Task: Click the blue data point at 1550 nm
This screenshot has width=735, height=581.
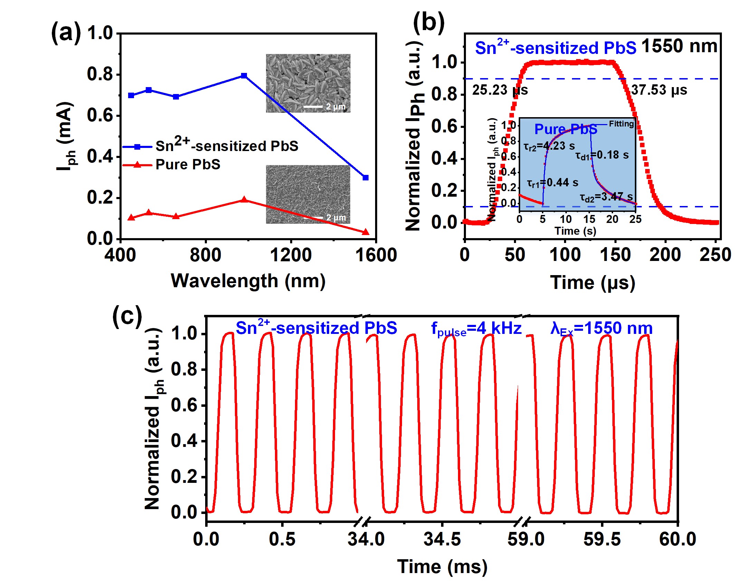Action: [365, 178]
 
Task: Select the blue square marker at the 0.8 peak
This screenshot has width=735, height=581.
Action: [244, 76]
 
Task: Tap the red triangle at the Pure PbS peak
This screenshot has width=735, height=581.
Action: [244, 200]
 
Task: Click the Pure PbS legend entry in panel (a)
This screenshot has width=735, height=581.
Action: [188, 165]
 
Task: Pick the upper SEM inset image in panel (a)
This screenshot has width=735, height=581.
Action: [308, 83]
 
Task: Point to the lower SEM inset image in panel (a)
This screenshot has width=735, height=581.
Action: [308, 194]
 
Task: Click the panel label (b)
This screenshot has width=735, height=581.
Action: [429, 23]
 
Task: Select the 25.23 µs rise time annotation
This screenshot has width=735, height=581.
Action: [500, 90]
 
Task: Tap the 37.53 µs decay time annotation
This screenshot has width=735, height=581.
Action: [659, 90]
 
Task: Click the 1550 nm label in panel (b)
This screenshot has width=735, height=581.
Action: [679, 46]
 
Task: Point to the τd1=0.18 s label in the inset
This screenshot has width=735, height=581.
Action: [602, 156]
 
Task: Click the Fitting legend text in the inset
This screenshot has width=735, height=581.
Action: [621, 124]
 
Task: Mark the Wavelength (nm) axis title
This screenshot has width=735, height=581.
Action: [248, 281]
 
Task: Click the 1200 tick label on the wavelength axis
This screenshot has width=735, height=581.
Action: [290, 255]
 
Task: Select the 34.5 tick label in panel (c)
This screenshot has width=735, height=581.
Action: [442, 539]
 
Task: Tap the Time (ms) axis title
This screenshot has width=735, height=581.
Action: [442, 567]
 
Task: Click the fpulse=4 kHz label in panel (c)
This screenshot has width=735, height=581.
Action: [476, 329]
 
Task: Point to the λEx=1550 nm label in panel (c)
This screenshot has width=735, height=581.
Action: [601, 329]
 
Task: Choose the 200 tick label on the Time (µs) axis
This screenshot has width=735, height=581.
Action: [665, 255]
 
